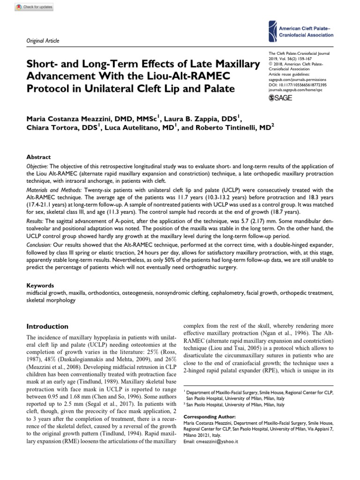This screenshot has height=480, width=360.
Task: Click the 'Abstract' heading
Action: point(39,157)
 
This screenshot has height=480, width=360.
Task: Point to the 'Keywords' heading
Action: point(40,285)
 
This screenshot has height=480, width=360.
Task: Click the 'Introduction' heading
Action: point(47,326)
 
